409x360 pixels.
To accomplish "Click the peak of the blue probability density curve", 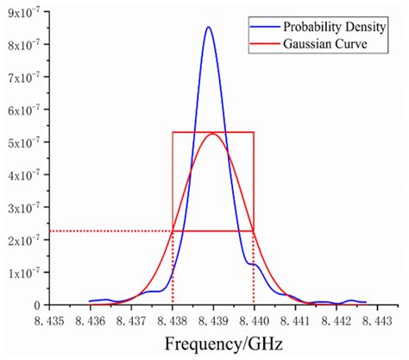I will (x=208, y=28).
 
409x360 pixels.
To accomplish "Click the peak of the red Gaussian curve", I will (x=213, y=133).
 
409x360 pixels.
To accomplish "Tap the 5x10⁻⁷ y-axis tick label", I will (x=26, y=142).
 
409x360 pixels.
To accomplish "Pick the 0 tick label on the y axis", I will (x=38, y=305).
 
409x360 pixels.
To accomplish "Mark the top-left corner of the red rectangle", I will (x=173, y=132).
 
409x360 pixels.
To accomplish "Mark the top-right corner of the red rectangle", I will (x=254, y=132).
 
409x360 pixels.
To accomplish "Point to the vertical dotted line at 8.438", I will (x=173, y=268).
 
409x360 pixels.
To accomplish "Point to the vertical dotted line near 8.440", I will (x=254, y=268).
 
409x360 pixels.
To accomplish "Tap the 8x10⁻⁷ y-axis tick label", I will (x=26, y=44).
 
